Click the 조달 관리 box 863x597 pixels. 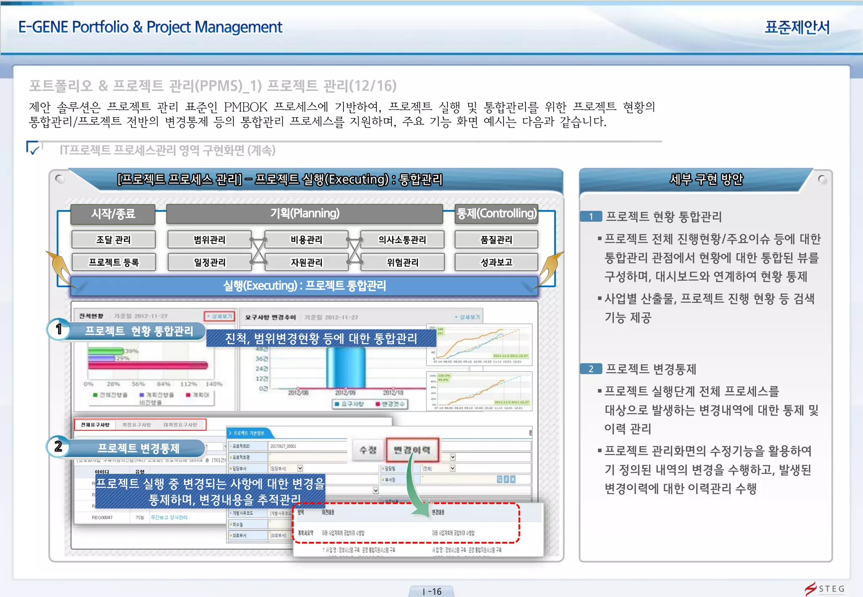[x=113, y=240]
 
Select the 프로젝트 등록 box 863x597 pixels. [x=113, y=262]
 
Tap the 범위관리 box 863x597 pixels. [x=209, y=240]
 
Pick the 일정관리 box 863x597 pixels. [x=209, y=262]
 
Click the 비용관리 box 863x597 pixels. [x=306, y=240]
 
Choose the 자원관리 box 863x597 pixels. [x=306, y=262]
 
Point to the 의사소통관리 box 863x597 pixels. [x=402, y=240]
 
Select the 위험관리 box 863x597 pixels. [x=402, y=262]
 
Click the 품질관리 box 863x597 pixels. [x=496, y=240]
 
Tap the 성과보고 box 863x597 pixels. [x=496, y=262]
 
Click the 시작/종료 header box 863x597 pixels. [x=113, y=214]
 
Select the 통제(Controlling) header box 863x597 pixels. [x=497, y=213]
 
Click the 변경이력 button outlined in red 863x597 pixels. [x=412, y=450]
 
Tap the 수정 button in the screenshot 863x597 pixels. [x=367, y=450]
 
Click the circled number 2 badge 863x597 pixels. [x=59, y=447]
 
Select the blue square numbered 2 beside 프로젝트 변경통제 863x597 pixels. [x=591, y=369]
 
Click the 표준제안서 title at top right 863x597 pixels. [x=797, y=27]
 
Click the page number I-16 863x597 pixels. [x=431, y=592]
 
